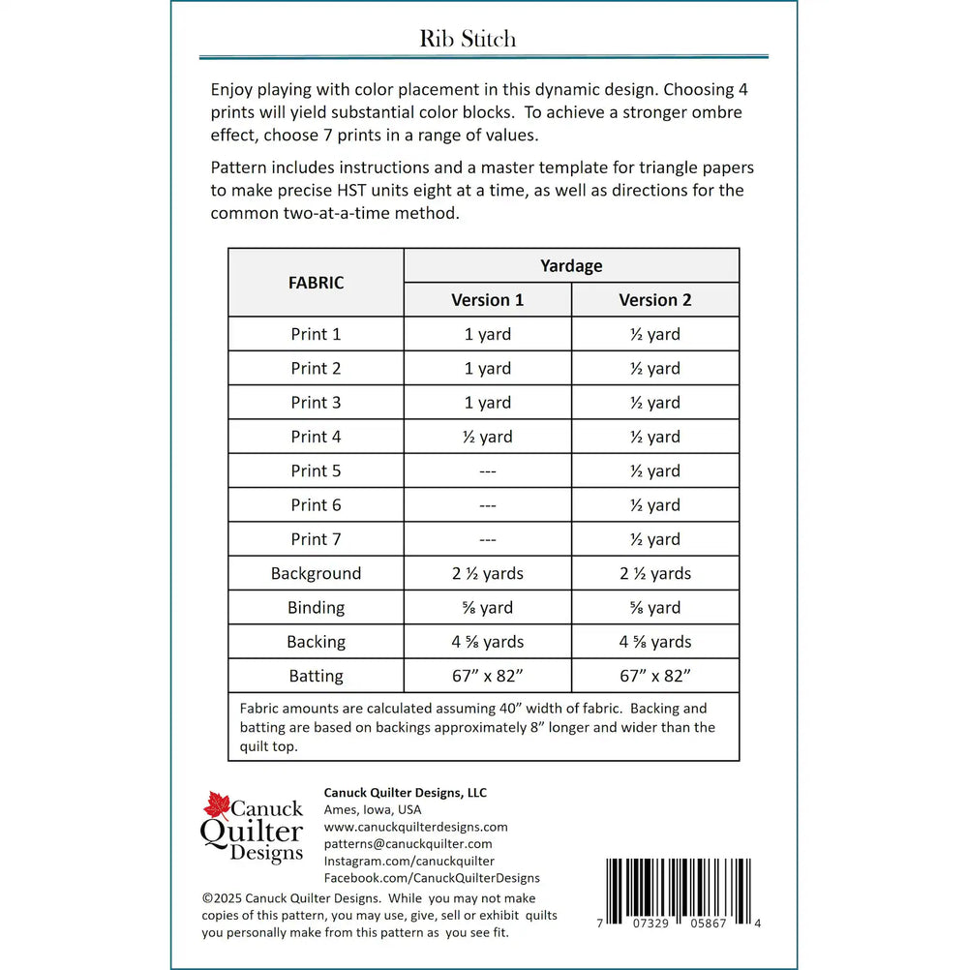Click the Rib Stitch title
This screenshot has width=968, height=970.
pos(468,39)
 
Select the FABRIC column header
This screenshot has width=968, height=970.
pos(316,283)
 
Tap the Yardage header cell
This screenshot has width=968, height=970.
pos(571,265)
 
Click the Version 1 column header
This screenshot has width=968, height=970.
pos(487,300)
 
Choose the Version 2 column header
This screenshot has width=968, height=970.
pos(655,300)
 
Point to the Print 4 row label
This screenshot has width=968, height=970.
pos(316,437)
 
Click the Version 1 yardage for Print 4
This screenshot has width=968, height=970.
pos(487,437)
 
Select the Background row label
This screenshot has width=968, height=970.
pos(316,573)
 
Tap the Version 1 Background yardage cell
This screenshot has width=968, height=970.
pos(487,573)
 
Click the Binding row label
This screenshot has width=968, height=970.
pos(316,608)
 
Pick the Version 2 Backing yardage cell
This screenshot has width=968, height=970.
pos(655,642)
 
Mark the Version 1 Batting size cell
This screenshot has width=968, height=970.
pos(487,676)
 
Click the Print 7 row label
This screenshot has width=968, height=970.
pos(316,539)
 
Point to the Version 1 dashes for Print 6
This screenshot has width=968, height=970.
pos(487,505)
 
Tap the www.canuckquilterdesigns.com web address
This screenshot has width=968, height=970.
pos(415,827)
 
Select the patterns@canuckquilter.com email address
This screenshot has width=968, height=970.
pos(408,844)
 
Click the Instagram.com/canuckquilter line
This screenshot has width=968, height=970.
pos(408,861)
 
